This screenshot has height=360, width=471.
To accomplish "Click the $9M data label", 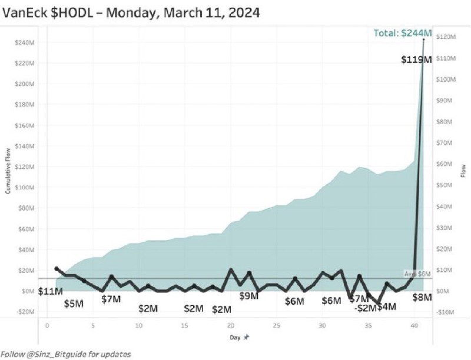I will [x=249, y=296].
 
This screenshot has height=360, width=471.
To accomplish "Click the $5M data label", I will [x=74, y=304].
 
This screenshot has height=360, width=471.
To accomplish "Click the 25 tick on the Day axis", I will [x=276, y=325].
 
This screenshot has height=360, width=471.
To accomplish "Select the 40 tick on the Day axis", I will [x=414, y=325].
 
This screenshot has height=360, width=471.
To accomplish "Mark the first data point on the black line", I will [x=57, y=268].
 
